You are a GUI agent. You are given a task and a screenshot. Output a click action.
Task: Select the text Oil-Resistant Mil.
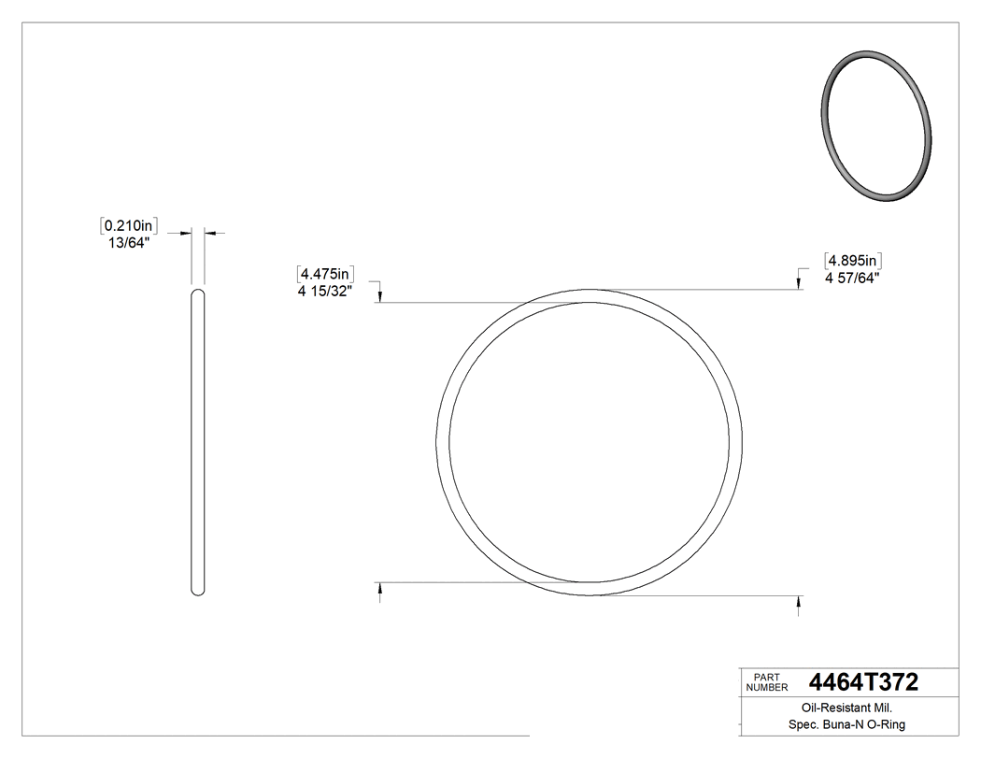[x=848, y=709]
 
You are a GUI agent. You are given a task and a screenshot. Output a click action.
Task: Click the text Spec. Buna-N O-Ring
[x=848, y=725]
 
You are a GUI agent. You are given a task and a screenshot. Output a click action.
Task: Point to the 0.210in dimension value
[x=128, y=225]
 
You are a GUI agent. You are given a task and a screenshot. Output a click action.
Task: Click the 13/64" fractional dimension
[x=129, y=242]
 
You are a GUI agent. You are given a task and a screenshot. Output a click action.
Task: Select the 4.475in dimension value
[x=324, y=274]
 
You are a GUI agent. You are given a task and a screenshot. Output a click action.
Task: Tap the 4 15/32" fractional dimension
[x=325, y=291]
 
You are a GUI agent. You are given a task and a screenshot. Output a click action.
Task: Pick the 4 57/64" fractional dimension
[x=852, y=277]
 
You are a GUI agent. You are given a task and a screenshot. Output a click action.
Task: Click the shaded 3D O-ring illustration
[x=876, y=124]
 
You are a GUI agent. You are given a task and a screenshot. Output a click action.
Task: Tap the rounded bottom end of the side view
[x=198, y=591]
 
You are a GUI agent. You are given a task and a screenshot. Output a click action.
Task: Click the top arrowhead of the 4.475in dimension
[x=379, y=296]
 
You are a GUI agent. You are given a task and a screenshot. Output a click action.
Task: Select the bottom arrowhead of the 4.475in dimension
[x=379, y=589]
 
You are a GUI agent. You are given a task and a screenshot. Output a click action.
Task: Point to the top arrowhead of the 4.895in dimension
[x=798, y=284]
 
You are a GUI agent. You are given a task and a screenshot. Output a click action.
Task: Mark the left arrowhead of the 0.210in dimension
[x=188, y=233]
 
